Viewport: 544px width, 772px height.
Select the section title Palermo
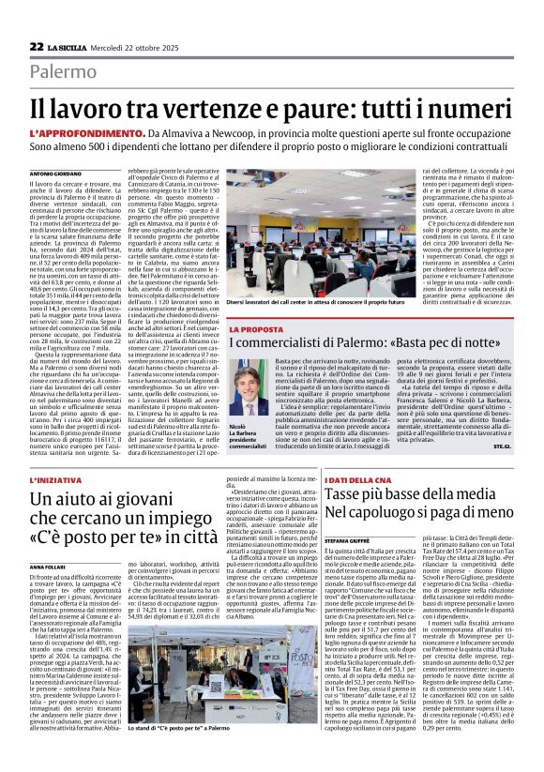tap(62, 71)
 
